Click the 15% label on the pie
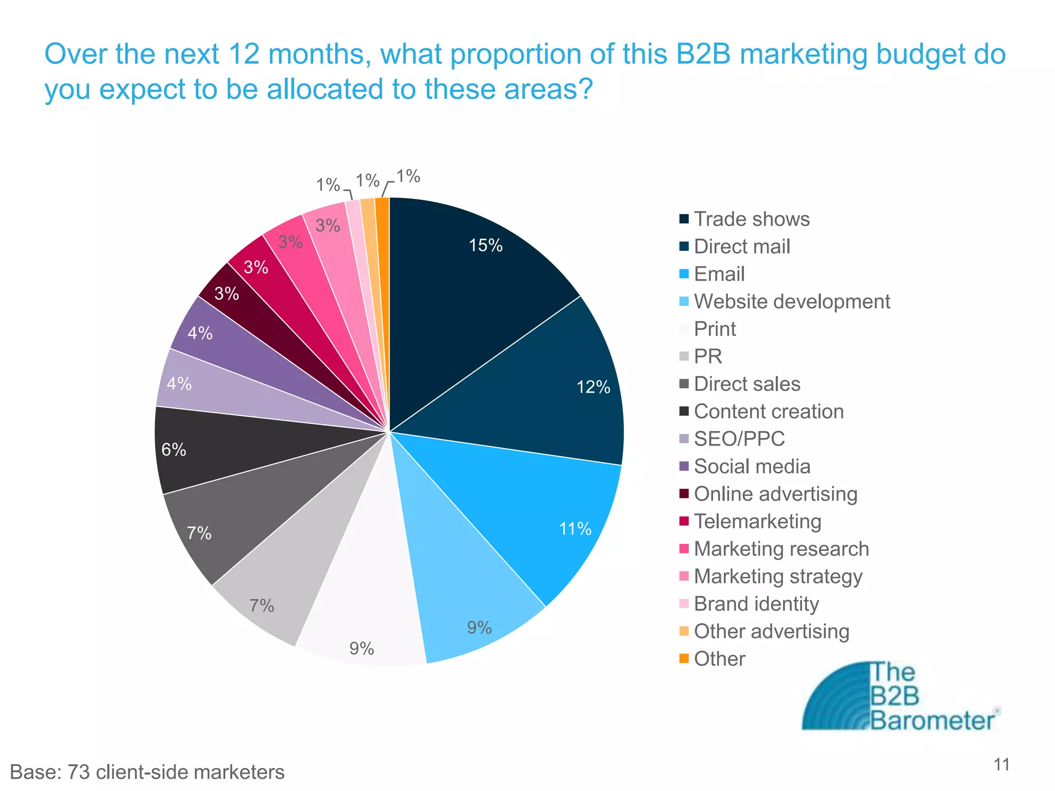[485, 246]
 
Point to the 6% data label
[174, 450]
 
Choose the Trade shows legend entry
[751, 219]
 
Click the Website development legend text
[792, 302]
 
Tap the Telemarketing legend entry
[757, 522]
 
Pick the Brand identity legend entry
[756, 604]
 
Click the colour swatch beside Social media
[684, 467]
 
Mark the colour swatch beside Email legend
[684, 274]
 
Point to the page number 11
[1001, 765]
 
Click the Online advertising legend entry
[775, 494]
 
